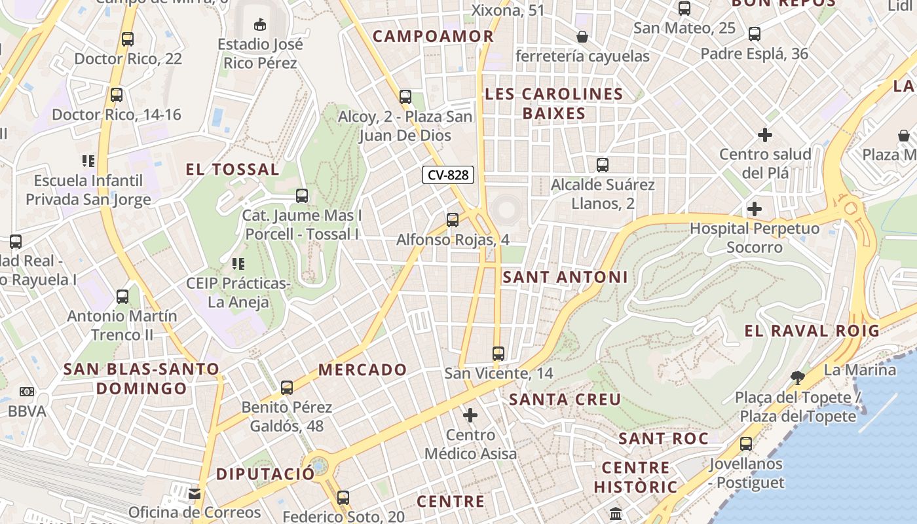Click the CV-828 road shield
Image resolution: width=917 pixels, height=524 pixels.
point(448,175)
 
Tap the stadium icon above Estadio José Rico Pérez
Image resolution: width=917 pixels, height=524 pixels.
point(260,25)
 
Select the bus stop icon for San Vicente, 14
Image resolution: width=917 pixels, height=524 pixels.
point(498,354)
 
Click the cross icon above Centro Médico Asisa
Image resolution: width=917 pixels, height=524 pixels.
point(470,415)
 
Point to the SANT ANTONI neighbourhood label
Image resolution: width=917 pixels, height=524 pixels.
point(565,277)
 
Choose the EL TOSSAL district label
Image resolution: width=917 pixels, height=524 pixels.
point(233,170)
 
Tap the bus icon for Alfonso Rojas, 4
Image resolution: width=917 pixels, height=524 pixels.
point(453,220)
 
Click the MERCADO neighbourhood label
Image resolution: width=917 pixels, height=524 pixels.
point(363,369)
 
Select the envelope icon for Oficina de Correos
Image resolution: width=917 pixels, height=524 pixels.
point(195,493)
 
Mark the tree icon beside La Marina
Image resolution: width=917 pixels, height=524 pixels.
point(797,377)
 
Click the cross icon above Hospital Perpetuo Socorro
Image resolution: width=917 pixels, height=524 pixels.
point(755,209)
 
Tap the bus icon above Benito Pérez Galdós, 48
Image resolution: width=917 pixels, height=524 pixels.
point(287,387)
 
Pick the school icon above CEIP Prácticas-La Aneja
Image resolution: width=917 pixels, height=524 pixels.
point(238,264)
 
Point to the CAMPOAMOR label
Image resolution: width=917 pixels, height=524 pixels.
point(433,36)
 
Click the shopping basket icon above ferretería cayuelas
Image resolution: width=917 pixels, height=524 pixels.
point(582,37)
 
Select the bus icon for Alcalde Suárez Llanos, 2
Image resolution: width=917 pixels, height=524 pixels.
point(603,165)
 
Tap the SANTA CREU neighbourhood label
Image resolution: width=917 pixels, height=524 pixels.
point(565,399)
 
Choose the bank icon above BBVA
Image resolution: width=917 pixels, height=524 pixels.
point(27,392)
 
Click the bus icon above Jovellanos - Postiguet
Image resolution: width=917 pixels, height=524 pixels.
point(746,444)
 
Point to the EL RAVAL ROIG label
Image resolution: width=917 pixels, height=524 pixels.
point(812,331)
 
